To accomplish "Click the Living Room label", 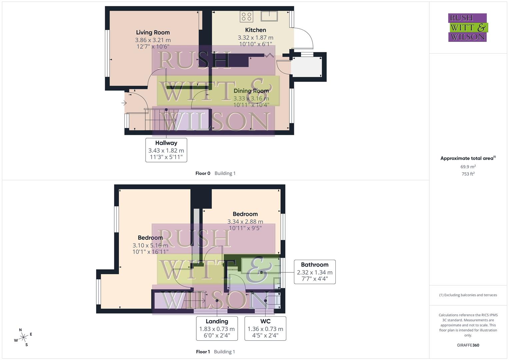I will pos(153,32).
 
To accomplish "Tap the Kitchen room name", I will pos(255,30).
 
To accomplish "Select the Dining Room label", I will pos(251,91).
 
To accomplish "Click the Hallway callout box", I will pos(166,150).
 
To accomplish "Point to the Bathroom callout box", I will pos(315,272).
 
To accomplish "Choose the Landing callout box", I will pos(217,328).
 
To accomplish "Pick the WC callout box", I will pos(265,328).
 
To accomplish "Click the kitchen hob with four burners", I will pos(246,17).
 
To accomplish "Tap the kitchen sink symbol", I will pos(270,16).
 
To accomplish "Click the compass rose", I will pos(23,338).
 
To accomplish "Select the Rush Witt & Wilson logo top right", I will pos(467,27).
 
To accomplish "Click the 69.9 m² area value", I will pos(468,167).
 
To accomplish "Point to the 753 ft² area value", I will pos(468,174).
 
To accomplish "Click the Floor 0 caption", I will pos(203,173).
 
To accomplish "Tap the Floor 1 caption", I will pos(203,352).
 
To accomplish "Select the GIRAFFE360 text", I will pos(468,345).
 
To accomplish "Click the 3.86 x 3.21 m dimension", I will pos(153,40).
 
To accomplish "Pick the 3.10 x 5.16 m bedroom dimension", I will pos(150,245).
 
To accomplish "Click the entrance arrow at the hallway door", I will pos(124,103).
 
